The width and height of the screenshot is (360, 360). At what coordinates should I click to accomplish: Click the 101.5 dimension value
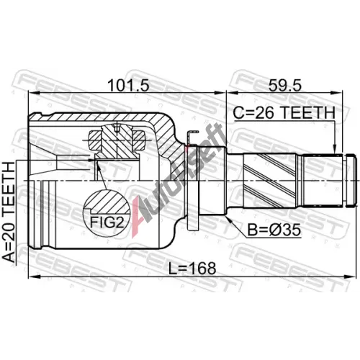coord(128,85)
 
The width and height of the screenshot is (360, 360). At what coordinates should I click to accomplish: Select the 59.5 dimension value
coord(284,85)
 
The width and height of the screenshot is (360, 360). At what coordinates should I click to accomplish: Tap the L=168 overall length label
coord(192,268)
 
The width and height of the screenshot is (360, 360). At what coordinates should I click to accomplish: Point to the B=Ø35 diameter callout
coord(274,230)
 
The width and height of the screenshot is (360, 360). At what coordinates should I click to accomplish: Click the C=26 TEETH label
coord(284,112)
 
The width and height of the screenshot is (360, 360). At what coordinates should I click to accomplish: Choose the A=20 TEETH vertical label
coord(9,212)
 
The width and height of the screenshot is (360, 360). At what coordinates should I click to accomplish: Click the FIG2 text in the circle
coord(107,222)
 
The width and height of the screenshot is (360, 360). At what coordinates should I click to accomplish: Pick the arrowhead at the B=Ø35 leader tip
coord(228,218)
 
